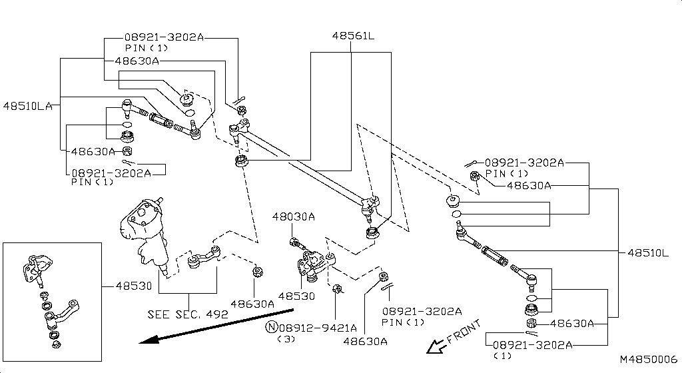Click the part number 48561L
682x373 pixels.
(x=353, y=37)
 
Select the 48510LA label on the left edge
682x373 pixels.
(x=27, y=105)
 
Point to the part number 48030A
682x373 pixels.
(x=293, y=217)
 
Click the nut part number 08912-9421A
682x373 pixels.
(x=318, y=328)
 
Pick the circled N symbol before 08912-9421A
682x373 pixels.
(x=271, y=328)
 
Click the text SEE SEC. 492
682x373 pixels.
(x=188, y=314)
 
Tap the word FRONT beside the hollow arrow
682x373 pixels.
(x=464, y=332)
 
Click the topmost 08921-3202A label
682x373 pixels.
(x=164, y=38)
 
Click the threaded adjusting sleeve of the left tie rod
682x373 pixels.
(x=161, y=121)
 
